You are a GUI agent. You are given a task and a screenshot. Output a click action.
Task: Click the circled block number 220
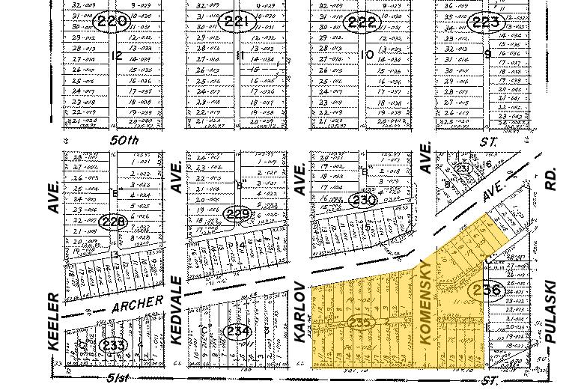113,22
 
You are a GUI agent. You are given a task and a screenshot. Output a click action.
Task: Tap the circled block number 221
237,22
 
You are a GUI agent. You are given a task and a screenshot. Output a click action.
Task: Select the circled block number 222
362,22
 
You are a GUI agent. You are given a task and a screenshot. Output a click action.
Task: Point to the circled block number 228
113,222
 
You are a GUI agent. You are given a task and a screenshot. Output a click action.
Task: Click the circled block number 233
113,344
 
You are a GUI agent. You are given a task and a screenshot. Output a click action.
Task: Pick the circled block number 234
237,330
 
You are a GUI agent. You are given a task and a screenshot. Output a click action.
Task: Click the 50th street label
124,141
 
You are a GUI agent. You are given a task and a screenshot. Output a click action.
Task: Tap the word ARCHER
138,305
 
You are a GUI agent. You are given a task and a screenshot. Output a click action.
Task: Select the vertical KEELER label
53,321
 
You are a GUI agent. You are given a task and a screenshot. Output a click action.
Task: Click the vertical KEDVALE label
177,310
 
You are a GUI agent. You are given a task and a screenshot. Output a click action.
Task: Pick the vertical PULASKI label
552,311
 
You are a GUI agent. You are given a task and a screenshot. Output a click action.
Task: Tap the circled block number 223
487,22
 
